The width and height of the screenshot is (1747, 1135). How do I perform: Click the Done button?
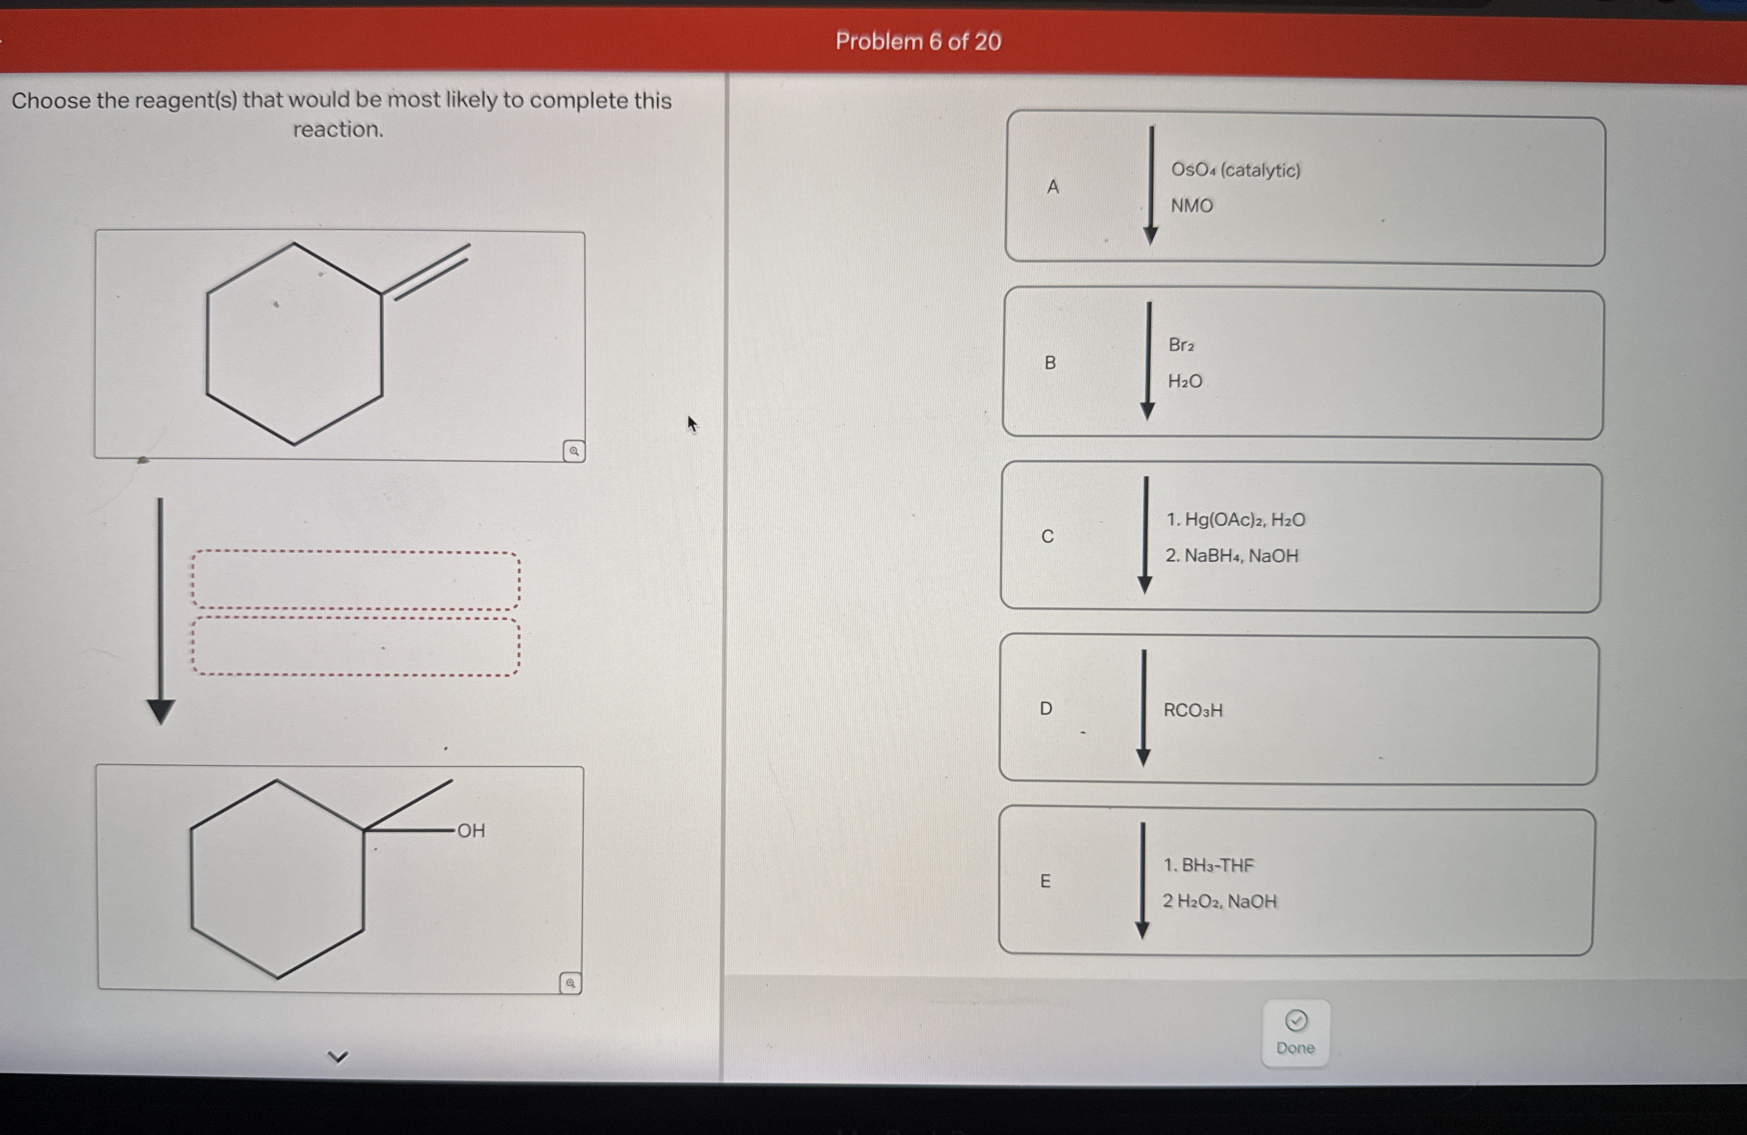pyautogui.click(x=1295, y=1033)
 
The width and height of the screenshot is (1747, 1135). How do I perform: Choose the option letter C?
pyautogui.click(x=1047, y=536)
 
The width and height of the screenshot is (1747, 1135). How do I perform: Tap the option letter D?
pyautogui.click(x=1046, y=708)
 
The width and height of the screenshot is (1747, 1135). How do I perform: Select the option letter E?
pyautogui.click(x=1045, y=881)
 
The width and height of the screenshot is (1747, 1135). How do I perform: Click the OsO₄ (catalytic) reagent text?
pyautogui.click(x=1235, y=170)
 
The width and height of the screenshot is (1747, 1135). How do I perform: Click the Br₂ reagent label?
pyautogui.click(x=1182, y=345)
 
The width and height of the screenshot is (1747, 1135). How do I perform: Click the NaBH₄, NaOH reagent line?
pyautogui.click(x=1232, y=556)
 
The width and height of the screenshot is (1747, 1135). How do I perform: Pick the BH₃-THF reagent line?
pyautogui.click(x=1209, y=866)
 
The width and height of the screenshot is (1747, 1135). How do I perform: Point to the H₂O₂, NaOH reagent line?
pyautogui.click(x=1219, y=901)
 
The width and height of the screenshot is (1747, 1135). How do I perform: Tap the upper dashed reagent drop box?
pyautogui.click(x=356, y=580)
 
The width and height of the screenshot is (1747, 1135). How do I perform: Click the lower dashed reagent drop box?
pyautogui.click(x=356, y=646)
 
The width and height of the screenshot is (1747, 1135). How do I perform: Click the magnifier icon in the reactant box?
pyautogui.click(x=574, y=451)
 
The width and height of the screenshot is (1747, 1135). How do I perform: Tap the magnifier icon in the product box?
pyautogui.click(x=570, y=983)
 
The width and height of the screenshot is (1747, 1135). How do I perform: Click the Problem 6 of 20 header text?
pyautogui.click(x=918, y=42)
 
